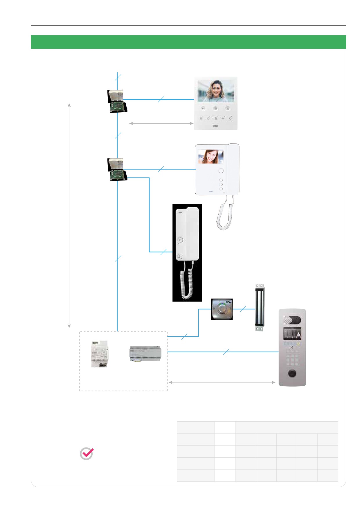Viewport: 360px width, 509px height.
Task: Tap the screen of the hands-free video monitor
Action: point(215,91)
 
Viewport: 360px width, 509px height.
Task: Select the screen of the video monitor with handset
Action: point(211,157)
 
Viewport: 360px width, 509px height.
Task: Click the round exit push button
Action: point(222,309)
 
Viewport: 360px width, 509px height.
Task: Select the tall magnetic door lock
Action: point(260,308)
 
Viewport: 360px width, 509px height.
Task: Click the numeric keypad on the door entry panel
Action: point(292,359)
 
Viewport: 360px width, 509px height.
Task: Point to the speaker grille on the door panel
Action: point(287,320)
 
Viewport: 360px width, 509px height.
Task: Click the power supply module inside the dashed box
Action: point(99,354)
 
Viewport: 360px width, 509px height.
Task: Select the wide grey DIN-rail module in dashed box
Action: point(145,353)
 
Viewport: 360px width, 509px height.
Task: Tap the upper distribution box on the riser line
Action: point(117,101)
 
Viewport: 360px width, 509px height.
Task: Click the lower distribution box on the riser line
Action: point(117,169)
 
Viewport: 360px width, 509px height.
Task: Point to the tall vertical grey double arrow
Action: point(69,215)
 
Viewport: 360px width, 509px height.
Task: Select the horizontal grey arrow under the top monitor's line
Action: point(161,123)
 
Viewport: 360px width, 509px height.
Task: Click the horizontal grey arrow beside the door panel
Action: point(222,382)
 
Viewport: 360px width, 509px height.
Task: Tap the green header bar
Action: point(188,42)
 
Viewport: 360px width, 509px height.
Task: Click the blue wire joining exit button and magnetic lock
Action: point(243,309)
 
